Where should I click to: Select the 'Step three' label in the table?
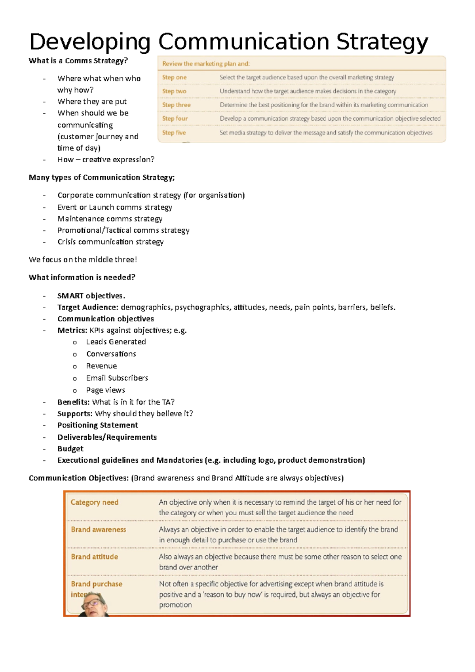click(x=176, y=105)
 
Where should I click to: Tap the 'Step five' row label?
click(x=174, y=133)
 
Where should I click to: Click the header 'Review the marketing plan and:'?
click(x=206, y=64)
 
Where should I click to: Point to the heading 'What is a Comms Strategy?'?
click(x=78, y=61)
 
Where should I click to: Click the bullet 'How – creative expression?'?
click(x=106, y=159)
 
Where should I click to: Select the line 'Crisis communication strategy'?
click(x=110, y=242)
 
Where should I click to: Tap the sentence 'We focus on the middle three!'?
click(x=83, y=260)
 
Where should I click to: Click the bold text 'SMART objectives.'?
click(x=91, y=296)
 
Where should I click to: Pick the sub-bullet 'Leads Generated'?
click(x=116, y=342)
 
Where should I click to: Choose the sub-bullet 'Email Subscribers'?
click(x=117, y=378)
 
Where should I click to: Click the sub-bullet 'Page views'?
click(x=106, y=390)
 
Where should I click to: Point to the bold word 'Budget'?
click(x=70, y=448)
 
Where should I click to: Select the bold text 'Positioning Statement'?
click(x=98, y=425)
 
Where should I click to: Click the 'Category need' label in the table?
click(x=94, y=502)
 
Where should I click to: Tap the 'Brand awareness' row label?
click(x=98, y=530)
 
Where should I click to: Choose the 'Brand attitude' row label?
click(x=94, y=557)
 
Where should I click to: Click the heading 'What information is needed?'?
click(x=82, y=277)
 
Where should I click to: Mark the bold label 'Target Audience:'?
click(x=87, y=307)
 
